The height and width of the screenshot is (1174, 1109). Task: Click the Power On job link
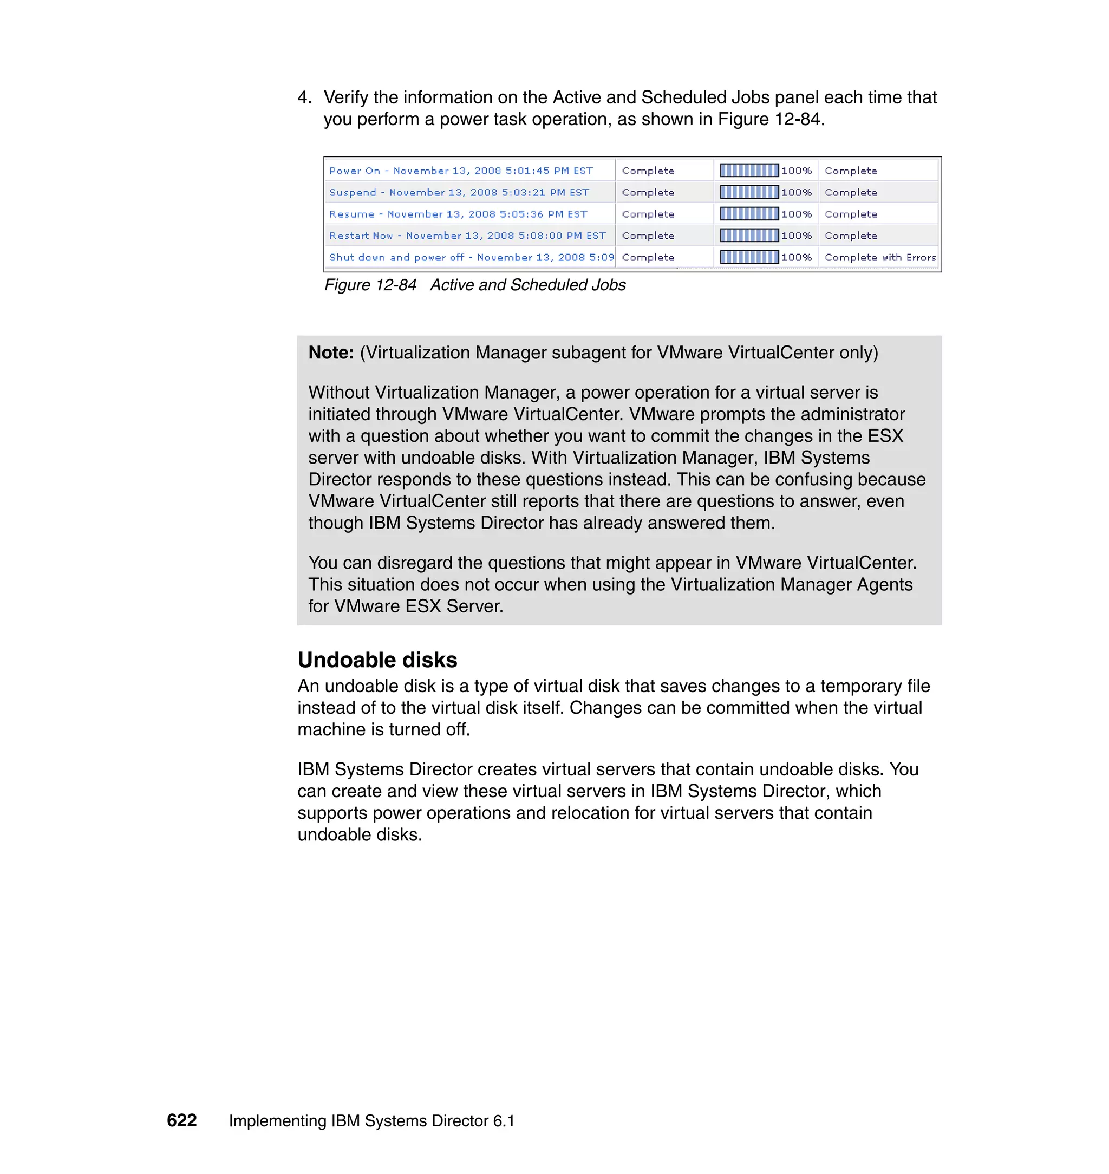click(460, 171)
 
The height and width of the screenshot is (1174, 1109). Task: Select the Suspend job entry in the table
click(459, 193)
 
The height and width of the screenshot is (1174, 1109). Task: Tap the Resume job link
click(458, 214)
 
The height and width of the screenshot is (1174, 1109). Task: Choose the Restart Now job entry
click(467, 236)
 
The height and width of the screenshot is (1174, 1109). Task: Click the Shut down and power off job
click(471, 258)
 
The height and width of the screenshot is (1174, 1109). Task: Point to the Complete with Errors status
click(879, 258)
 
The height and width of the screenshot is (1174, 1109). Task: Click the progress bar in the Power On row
click(749, 171)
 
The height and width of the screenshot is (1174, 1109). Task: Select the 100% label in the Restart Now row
click(796, 236)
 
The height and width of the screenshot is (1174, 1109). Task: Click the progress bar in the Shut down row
click(749, 258)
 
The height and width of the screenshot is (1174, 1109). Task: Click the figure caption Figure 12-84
click(370, 285)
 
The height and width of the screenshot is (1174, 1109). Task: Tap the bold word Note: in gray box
click(331, 353)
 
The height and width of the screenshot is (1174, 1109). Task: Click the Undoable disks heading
click(377, 660)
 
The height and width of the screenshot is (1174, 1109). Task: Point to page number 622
click(181, 1120)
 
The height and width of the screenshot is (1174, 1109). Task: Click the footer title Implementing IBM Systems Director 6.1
click(372, 1121)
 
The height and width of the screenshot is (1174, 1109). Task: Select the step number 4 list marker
click(304, 97)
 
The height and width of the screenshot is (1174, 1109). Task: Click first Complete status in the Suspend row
click(648, 193)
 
